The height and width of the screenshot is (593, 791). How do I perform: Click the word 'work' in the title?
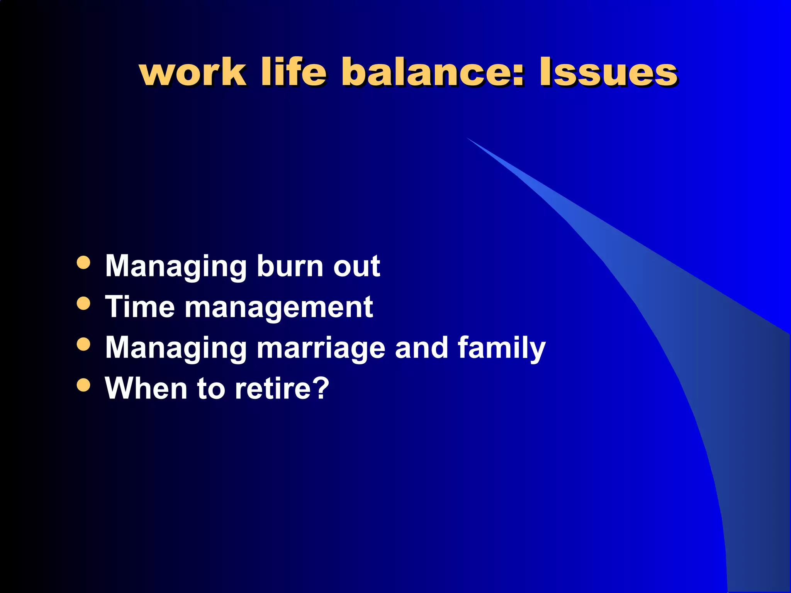[x=192, y=73]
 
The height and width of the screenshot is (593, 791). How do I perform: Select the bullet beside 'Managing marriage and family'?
[x=83, y=344]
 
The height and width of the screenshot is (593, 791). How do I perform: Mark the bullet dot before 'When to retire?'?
[x=83, y=385]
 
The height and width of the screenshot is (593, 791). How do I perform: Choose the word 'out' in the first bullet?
[x=356, y=266]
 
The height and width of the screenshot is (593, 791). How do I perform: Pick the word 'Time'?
[x=140, y=307]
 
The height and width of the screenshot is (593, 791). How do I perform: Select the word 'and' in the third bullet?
[x=421, y=347]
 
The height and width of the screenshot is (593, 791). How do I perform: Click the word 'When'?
[x=146, y=388]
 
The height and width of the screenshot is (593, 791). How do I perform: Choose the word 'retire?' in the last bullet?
[x=282, y=388]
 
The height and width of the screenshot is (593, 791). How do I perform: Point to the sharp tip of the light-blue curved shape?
[x=467, y=138]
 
